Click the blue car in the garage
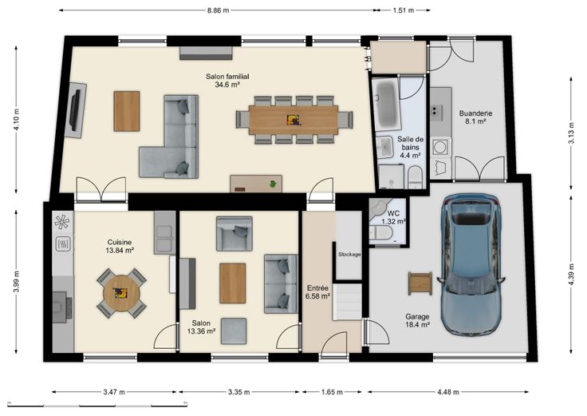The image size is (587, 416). tap(471, 264)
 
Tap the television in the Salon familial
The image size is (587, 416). tap(75, 110)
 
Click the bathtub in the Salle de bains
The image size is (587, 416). tap(387, 104)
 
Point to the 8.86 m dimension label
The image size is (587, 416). tap(219, 10)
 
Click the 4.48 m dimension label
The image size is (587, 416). tap(448, 392)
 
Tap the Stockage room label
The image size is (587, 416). tap(349, 254)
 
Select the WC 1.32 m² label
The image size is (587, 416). tap(393, 217)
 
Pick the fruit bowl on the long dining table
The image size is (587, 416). tap(293, 120)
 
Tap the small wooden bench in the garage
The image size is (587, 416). tap(420, 283)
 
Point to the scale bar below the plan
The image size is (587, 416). tap(97, 405)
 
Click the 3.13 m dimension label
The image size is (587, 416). tap(571, 133)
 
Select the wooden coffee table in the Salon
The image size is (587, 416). tap(232, 283)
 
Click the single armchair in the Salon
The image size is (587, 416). tap(234, 233)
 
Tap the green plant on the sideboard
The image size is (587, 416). tap(274, 184)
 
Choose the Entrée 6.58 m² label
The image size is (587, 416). tap(318, 292)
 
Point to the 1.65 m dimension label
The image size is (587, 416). tap(332, 392)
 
